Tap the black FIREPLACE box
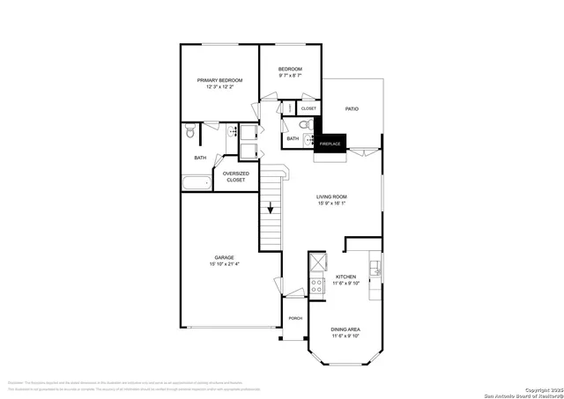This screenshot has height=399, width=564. click(x=330, y=143)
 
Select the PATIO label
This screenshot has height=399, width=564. click(x=352, y=108)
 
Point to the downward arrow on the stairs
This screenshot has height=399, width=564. click(x=271, y=211)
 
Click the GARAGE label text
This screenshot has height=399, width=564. click(x=224, y=257)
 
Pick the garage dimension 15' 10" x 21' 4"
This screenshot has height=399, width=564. click(x=224, y=264)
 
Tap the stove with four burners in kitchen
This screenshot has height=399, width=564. click(x=317, y=285)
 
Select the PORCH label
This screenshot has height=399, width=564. click(x=295, y=318)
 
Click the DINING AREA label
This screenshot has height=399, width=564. click(x=345, y=329)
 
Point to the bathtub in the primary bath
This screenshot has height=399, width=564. click(x=197, y=184)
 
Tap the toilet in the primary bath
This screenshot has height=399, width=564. click(x=190, y=134)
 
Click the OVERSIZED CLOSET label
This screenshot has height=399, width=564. click(x=235, y=176)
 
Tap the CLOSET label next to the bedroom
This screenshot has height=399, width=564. click(x=308, y=108)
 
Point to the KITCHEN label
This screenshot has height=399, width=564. click(x=345, y=277)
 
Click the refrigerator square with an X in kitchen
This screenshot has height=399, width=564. click(x=317, y=262)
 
